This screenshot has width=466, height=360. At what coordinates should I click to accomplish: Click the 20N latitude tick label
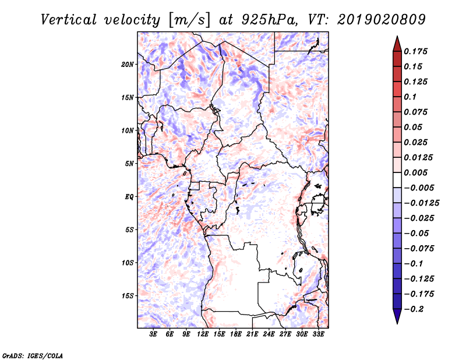(127, 65)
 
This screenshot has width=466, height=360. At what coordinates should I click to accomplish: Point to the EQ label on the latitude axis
(129, 197)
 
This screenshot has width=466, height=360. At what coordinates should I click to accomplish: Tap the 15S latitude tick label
(128, 296)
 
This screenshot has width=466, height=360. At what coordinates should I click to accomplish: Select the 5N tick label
(129, 164)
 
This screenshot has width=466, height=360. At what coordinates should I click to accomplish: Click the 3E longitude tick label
(153, 334)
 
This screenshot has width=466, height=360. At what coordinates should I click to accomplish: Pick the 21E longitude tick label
(252, 334)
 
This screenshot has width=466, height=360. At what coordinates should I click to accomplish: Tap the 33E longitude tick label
(318, 334)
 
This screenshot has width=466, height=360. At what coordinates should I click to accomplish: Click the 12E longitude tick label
(203, 334)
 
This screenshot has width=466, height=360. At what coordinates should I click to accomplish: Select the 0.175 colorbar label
(415, 51)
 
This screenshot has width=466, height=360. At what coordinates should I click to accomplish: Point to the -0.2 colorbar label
(414, 309)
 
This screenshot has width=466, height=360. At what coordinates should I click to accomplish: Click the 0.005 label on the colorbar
(415, 172)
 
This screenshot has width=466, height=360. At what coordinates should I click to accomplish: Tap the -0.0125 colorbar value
(421, 203)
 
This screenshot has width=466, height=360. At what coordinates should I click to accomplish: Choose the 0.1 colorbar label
(410, 97)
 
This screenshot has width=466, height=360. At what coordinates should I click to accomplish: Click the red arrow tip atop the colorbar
(397, 37)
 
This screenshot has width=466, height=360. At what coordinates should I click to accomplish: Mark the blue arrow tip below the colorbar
(397, 323)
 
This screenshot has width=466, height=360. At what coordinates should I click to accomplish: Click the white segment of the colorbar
(397, 180)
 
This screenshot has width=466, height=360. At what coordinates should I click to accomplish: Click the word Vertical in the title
(69, 20)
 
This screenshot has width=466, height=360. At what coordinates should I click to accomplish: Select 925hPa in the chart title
(269, 20)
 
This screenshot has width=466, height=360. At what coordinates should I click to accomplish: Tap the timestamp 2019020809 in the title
(382, 20)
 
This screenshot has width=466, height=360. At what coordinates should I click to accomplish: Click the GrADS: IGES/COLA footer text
(33, 355)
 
